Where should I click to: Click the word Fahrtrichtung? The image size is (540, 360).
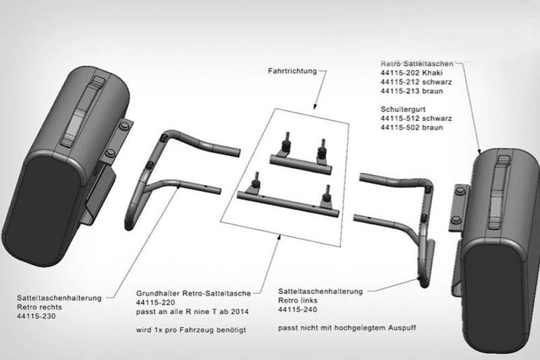(x=292, y=71)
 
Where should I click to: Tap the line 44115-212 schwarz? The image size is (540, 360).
(x=416, y=82)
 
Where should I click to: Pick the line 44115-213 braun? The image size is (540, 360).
(x=412, y=91)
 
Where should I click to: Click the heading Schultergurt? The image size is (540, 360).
(x=403, y=109)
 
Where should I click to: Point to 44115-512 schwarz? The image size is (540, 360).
(x=416, y=118)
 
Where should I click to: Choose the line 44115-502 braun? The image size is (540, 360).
(x=412, y=128)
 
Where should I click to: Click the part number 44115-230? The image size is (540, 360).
(x=36, y=316)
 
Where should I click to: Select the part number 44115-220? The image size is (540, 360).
(x=156, y=303)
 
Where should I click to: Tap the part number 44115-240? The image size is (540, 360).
(x=298, y=309)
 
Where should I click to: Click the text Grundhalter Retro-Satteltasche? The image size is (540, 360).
(x=194, y=294)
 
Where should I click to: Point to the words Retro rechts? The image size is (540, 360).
(x=39, y=307)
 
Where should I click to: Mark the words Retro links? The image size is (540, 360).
(x=298, y=301)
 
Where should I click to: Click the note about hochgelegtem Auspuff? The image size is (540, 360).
(x=347, y=328)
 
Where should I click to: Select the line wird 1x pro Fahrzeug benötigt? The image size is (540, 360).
(x=191, y=330)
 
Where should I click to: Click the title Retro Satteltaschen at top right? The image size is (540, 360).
(x=416, y=63)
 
